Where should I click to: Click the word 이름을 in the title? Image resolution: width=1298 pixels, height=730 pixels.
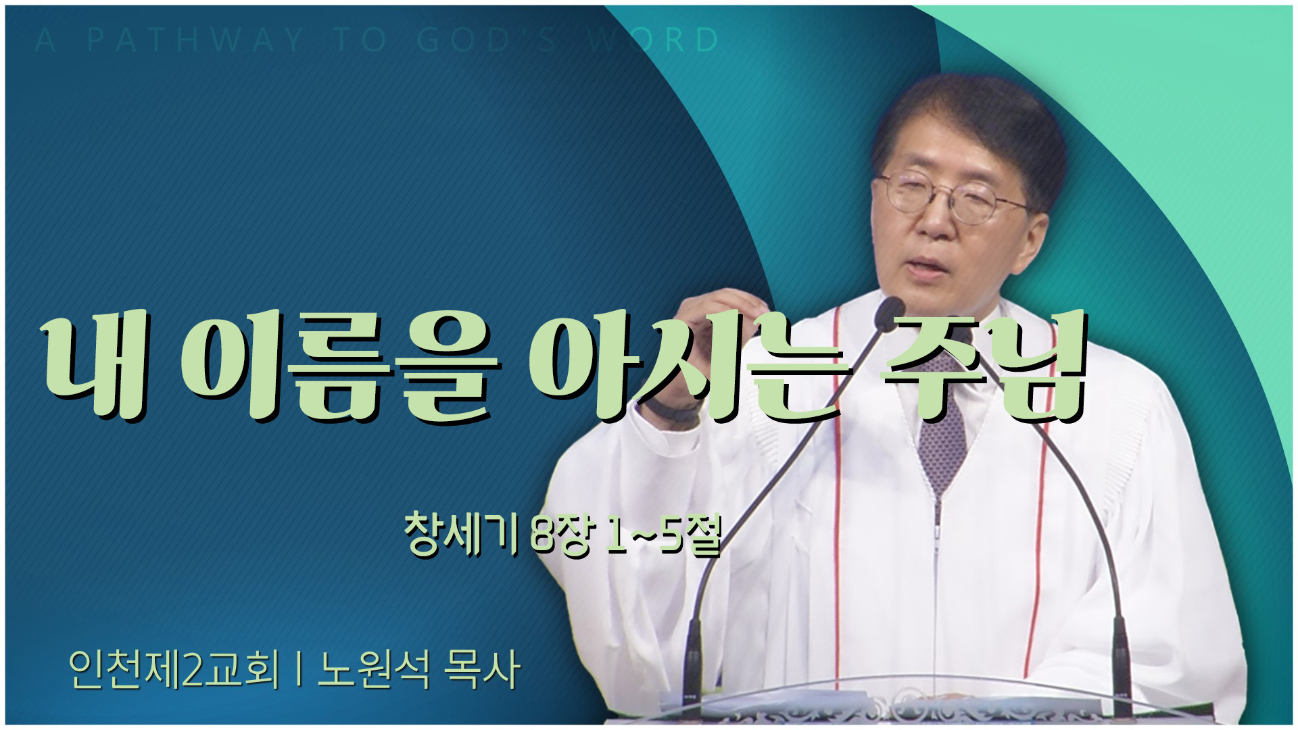(x=341, y=368)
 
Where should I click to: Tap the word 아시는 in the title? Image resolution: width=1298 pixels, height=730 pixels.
(x=690, y=368)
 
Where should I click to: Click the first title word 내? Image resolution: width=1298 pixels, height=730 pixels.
(x=95, y=368)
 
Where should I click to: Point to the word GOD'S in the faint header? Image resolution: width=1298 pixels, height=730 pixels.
(x=487, y=41)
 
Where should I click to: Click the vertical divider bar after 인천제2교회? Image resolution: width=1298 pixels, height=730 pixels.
(x=298, y=671)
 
